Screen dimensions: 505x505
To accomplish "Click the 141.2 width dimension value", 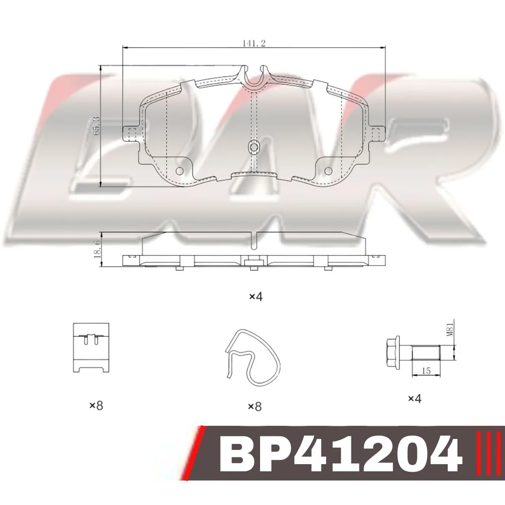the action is pos(254,43).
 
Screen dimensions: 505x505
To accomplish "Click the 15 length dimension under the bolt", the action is pos(426,371).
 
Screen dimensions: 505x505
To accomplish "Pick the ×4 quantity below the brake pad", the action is pos(256,296).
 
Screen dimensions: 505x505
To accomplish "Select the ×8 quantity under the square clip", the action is pos(96,406).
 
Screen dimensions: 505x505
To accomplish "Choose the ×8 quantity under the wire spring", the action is pos(255,407).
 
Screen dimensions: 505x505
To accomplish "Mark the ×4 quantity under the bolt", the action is pos(415,399).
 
